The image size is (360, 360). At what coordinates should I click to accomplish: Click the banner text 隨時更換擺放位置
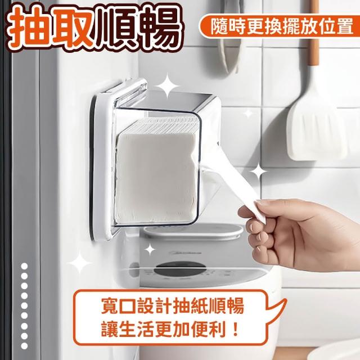coord(282,26)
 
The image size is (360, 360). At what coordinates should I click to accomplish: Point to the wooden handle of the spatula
coord(314,32)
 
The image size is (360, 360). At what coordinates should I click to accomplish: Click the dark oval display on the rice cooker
coord(180,268)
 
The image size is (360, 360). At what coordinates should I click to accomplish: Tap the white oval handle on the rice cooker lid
coord(193,231)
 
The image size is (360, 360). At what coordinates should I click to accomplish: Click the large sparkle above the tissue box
coord(168,86)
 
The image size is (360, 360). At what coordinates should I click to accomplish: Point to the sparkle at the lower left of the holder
coord(80,262)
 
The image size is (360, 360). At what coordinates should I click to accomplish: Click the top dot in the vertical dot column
coord(24,266)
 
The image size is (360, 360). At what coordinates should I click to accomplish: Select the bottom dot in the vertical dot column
coord(24,346)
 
